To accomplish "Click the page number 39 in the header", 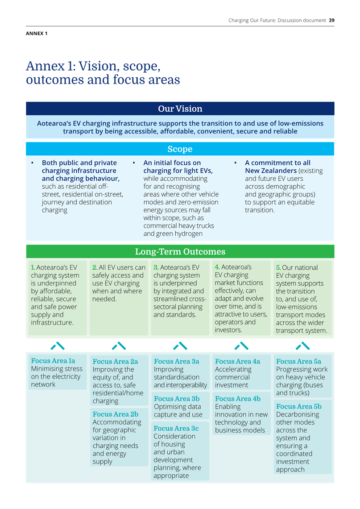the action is [331, 20].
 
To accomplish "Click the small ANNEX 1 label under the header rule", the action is [37, 33].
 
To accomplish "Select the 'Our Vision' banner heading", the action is [180, 109].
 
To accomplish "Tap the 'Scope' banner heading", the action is [180, 149].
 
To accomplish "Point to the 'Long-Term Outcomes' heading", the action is [180, 251].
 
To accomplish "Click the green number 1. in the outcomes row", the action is [33, 267].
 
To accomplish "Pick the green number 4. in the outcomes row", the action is [217, 267].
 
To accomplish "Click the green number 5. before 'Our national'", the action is [278, 268].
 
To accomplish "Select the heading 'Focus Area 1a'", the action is [53, 361].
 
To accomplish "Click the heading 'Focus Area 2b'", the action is [116, 414].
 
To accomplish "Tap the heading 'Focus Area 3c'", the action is [176, 429].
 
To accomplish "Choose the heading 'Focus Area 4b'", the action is [238, 399].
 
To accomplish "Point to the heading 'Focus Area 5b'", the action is [299, 406].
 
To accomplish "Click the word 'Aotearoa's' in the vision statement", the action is [54, 123].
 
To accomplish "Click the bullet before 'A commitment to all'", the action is [236, 163].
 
